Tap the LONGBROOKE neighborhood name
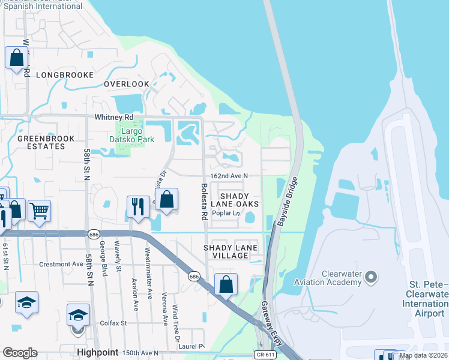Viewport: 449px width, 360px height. click(x=65, y=75)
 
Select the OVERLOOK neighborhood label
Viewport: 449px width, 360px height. click(x=126, y=84)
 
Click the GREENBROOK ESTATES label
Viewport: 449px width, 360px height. click(x=46, y=142)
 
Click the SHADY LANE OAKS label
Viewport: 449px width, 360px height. click(x=239, y=200)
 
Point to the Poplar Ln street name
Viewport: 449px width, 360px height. click(x=228, y=213)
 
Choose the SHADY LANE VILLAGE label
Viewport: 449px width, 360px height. click(x=230, y=251)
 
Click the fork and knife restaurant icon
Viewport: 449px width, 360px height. click(x=138, y=206)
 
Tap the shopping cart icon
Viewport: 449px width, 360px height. click(x=39, y=210)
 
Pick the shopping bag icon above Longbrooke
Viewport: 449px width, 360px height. click(x=16, y=58)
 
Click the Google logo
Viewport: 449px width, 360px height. click(x=20, y=353)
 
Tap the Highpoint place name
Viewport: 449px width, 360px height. click(x=95, y=353)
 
